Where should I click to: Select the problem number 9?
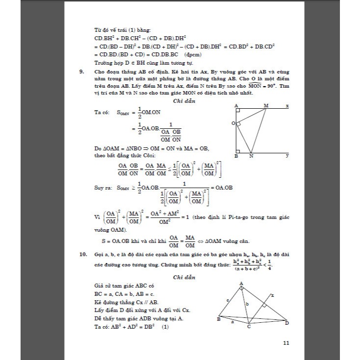pyautogui.click(x=81, y=72)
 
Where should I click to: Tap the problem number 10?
pyautogui.click(x=82, y=255)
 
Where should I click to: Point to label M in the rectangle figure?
pyautogui.click(x=266, y=105)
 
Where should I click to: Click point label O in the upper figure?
pyautogui.click(x=234, y=124)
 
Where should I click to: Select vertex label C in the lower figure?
pyautogui.click(x=249, y=326)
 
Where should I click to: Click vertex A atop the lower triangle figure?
pyautogui.click(x=241, y=284)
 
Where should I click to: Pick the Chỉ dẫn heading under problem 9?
pyautogui.click(x=185, y=101)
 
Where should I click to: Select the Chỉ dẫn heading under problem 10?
pyautogui.click(x=185, y=277)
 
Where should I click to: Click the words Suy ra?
pyautogui.click(x=103, y=188)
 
